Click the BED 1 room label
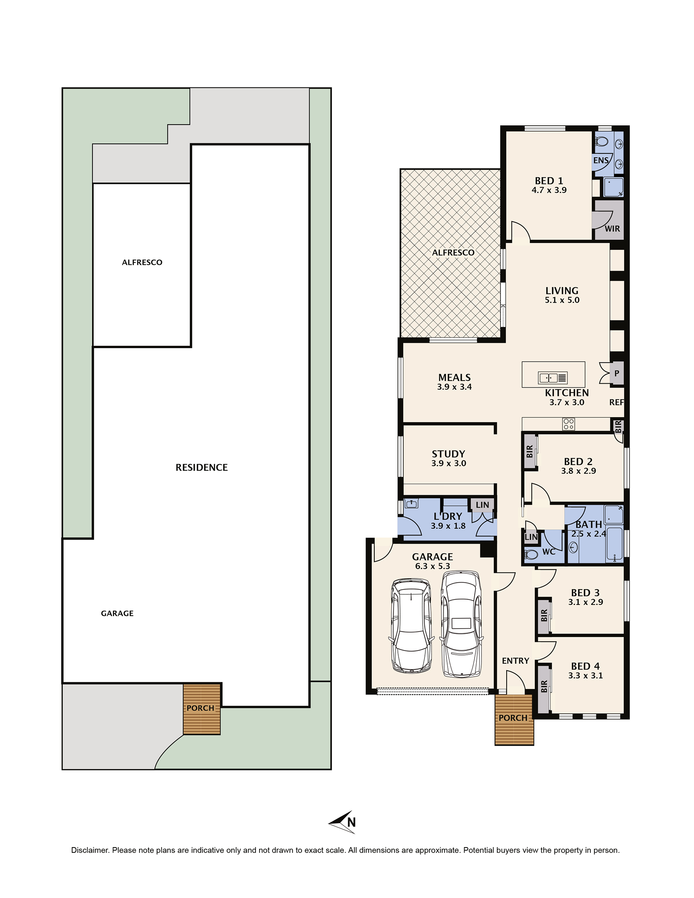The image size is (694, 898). point(549,180)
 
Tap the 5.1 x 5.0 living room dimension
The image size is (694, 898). point(562,300)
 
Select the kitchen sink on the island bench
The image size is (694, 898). point(553,377)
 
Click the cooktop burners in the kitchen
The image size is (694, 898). point(569,424)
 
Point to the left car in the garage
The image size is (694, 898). point(411,626)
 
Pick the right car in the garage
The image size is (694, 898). point(461,624)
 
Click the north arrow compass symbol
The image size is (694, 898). point(342,822)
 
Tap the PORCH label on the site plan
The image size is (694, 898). point(200,708)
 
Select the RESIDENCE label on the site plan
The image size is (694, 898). point(202,467)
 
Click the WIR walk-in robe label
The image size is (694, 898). point(612,229)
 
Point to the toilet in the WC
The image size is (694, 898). point(531,555)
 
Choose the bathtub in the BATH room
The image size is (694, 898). point(615,545)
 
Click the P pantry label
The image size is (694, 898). point(617,373)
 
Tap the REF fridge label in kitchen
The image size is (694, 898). point(616,402)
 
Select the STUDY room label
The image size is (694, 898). point(448,454)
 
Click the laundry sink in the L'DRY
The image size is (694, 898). point(411,503)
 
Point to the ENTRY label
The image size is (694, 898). point(515,661)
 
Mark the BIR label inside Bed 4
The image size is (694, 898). point(544,686)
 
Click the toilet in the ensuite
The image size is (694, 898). point(602,142)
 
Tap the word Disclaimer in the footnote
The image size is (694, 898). point(89,850)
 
